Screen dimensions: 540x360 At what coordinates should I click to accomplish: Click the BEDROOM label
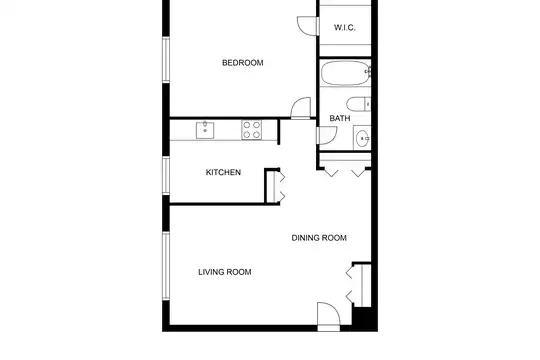click(242, 63)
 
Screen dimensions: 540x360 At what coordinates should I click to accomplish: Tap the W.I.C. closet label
click(345, 28)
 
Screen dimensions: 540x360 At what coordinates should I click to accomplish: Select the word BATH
click(340, 118)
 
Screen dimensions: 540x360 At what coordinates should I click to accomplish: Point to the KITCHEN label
click(223, 172)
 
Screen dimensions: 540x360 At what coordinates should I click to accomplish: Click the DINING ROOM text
click(319, 238)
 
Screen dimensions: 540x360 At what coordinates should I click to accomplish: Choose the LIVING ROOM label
click(225, 272)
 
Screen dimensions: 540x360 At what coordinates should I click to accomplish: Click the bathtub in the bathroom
click(346, 73)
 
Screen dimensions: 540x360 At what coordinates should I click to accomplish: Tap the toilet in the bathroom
click(359, 104)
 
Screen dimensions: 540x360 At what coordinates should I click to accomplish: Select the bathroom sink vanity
click(362, 138)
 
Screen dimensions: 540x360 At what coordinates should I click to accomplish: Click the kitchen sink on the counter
click(205, 130)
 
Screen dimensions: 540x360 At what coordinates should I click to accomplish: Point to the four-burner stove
click(251, 130)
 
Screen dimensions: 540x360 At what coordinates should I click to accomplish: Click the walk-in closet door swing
click(308, 25)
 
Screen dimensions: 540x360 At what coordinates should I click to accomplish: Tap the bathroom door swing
click(326, 135)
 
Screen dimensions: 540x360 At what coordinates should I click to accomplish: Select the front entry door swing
click(329, 316)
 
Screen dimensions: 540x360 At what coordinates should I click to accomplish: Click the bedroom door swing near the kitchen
click(301, 108)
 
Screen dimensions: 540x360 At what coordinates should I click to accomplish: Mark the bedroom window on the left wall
click(166, 60)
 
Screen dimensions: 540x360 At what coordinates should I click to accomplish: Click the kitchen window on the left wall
click(166, 176)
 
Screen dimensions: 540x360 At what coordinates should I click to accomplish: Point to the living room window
click(166, 266)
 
